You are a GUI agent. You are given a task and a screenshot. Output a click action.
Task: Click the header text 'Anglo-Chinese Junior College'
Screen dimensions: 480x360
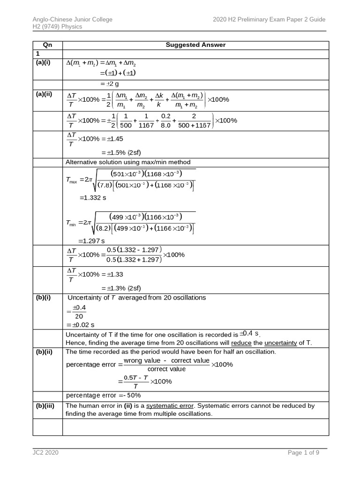[x=72, y=19]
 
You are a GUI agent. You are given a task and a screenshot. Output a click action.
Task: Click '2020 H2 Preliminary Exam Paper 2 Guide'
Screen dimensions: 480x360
[x=269, y=19]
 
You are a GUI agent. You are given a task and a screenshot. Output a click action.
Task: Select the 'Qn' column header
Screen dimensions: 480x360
[x=47, y=45]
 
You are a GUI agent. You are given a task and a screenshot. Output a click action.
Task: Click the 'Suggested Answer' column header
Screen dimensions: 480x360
[x=195, y=45]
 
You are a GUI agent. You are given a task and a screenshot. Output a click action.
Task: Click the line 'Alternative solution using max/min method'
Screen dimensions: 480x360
[x=128, y=162]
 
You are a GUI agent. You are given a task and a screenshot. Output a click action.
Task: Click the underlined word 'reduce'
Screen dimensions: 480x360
[x=241, y=343]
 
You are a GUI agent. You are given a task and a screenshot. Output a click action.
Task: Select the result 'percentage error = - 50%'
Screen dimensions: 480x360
[x=103, y=395]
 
